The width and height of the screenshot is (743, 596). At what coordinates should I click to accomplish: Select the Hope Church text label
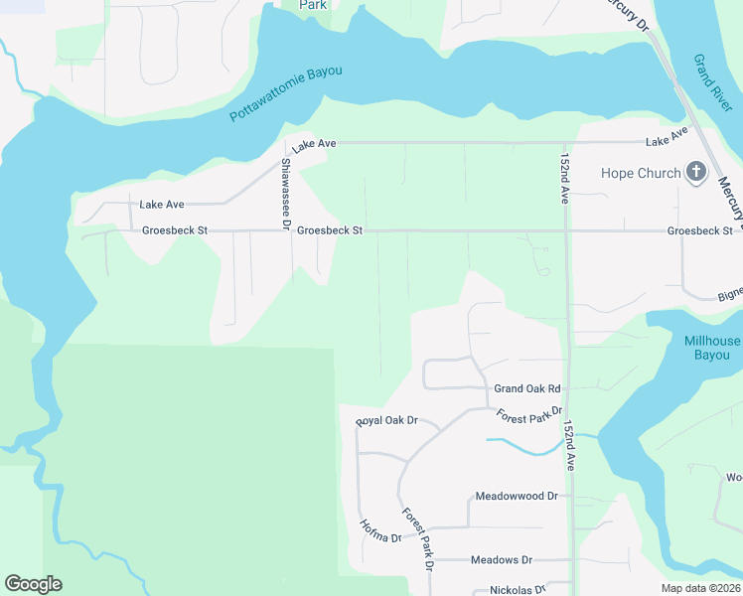(x=641, y=173)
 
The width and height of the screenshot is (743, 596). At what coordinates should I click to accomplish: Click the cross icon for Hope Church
(x=696, y=173)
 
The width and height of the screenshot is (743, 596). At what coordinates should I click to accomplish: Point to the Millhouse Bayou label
(x=712, y=348)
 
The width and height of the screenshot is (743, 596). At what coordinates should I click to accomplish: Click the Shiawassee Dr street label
(x=285, y=195)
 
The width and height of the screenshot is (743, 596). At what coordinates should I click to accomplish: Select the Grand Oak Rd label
(x=527, y=388)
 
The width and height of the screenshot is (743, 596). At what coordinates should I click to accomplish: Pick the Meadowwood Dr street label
(x=517, y=495)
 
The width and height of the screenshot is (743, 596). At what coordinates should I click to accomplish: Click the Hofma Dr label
(x=379, y=531)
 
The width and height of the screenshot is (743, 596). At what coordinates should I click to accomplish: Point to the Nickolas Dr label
(x=518, y=589)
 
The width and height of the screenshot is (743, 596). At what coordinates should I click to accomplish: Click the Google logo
(x=33, y=584)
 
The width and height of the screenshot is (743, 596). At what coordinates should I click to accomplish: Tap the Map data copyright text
(x=701, y=588)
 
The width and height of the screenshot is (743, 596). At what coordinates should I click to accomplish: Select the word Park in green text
(x=314, y=5)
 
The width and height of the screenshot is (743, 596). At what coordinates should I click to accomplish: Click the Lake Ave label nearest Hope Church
(x=667, y=138)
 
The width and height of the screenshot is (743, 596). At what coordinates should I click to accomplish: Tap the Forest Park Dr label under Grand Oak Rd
(x=529, y=413)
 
